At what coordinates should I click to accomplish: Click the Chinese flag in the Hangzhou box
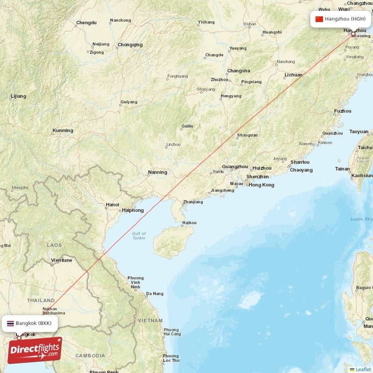[x=319, y=19]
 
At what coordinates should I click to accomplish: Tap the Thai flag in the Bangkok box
[x=10, y=323]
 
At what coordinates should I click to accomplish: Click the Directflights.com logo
[x=35, y=350]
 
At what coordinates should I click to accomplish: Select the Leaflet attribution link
[x=363, y=369]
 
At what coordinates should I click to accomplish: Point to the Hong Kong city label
[x=262, y=185]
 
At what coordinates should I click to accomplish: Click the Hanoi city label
[x=112, y=204]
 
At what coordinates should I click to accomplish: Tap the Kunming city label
[x=63, y=131]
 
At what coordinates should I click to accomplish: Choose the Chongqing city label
[x=130, y=45]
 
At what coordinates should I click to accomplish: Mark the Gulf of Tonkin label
[x=139, y=235]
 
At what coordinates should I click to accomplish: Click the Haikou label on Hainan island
[x=189, y=223]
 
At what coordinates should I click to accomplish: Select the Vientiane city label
[x=62, y=260]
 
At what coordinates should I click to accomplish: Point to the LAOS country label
[x=54, y=245]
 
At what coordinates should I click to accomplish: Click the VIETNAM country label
[x=150, y=321]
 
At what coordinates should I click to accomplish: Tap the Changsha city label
[x=238, y=71]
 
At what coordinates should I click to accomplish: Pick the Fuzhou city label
[x=343, y=111]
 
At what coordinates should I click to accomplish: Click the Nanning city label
[x=157, y=172]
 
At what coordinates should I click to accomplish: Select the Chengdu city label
[x=86, y=22]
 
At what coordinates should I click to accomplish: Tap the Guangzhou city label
[x=235, y=166]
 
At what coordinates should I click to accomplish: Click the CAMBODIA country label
[x=90, y=356]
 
